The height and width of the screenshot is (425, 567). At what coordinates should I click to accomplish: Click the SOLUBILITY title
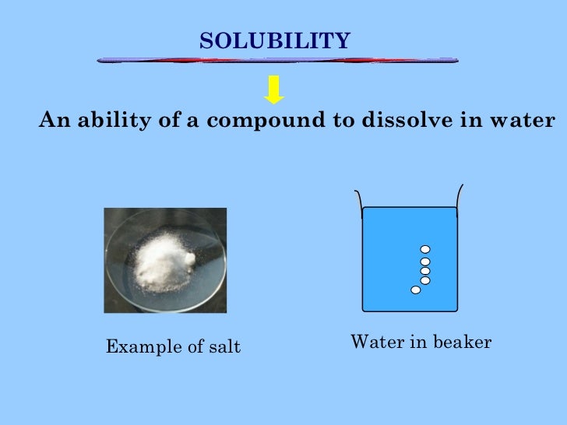point(275,40)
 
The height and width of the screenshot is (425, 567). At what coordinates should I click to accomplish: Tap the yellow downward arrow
point(273,90)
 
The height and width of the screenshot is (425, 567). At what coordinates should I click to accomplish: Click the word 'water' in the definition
point(523,121)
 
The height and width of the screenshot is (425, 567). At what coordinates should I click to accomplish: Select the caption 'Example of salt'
point(173,346)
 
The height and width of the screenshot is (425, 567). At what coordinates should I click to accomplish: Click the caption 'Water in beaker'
point(421,342)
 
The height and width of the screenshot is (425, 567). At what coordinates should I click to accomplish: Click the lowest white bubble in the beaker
point(416,290)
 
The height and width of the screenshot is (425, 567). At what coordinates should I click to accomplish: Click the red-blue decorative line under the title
point(276,60)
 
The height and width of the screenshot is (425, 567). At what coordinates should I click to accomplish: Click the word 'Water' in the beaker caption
point(372,342)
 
